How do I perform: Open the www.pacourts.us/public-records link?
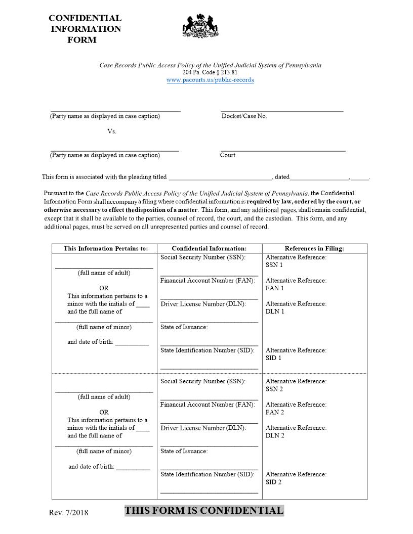click(x=210, y=80)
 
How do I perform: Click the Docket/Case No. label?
click(x=244, y=116)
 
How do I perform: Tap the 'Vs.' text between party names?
click(x=112, y=131)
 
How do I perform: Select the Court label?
click(x=228, y=155)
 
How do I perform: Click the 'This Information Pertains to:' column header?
click(x=105, y=248)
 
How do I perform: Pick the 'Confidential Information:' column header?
click(x=209, y=248)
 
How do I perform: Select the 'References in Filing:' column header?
click(x=314, y=248)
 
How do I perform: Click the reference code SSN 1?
click(x=274, y=265)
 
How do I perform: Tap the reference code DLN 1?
click(x=275, y=312)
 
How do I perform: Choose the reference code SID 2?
click(x=274, y=482)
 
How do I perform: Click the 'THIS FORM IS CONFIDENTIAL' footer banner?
click(x=204, y=511)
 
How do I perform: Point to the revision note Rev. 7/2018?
click(x=68, y=513)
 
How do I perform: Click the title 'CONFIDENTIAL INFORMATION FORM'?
click(x=85, y=29)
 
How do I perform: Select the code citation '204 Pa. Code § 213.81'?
click(x=210, y=72)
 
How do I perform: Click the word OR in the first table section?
click(x=104, y=288)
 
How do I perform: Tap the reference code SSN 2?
click(x=274, y=389)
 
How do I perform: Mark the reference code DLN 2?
click(x=275, y=435)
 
